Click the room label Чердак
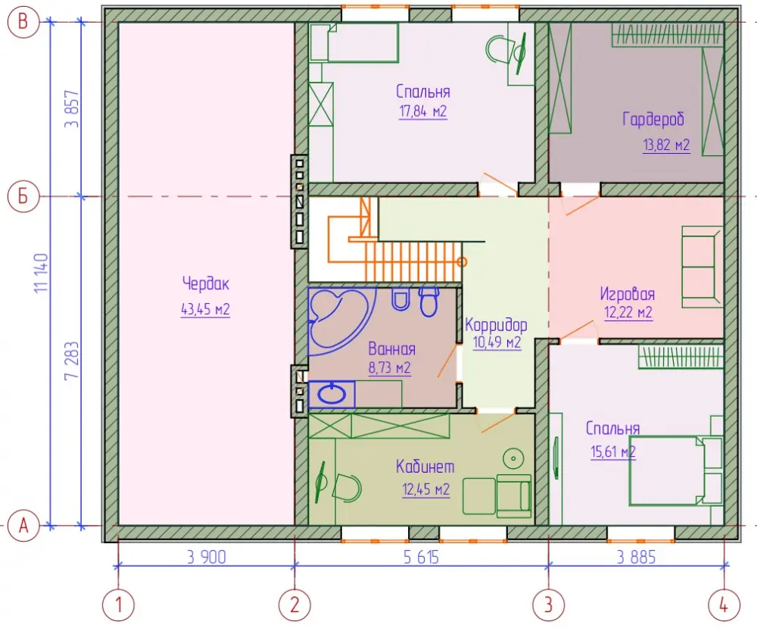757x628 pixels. point(206,283)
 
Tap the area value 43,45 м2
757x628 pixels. point(205,308)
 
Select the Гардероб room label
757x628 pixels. point(653,119)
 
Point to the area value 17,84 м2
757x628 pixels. point(423,111)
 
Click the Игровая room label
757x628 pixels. point(628,294)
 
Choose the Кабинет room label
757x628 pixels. point(425,467)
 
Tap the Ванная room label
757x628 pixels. point(391,348)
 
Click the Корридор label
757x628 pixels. point(496,325)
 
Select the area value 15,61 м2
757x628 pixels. point(613,451)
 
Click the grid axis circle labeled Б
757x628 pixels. point(23,197)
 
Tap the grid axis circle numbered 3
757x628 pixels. point(548,605)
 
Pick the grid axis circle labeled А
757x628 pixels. point(23,526)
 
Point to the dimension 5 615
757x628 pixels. point(422,558)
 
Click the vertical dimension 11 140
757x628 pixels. point(42,273)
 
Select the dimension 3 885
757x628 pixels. point(637,558)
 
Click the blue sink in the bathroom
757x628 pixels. point(332,394)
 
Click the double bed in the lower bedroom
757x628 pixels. point(675,470)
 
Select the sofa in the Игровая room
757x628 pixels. point(702,267)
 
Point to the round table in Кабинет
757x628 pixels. point(513,458)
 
